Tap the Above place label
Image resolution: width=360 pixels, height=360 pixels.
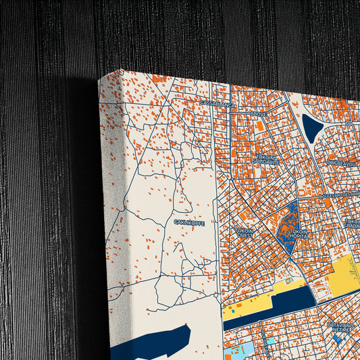tap(259, 115)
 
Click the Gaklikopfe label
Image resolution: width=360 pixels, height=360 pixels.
tap(189, 222)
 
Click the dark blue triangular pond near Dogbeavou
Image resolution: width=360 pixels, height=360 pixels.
tap(311, 128)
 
